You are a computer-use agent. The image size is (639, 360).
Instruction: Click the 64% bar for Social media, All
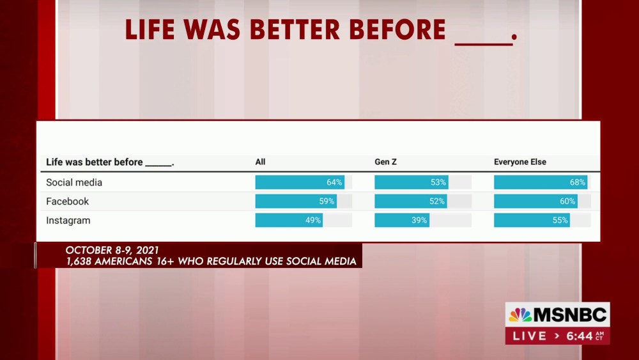tap(300, 182)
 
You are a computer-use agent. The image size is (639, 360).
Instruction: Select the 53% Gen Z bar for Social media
tap(412, 182)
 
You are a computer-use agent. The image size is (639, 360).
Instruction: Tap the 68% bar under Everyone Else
tap(541, 182)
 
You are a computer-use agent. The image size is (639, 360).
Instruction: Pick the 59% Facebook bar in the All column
tap(296, 201)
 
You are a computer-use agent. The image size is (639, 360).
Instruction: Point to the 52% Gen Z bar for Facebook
tap(411, 201)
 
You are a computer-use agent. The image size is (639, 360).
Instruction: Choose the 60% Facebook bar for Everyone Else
tap(536, 201)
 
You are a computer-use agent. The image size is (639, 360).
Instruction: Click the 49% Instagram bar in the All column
tap(289, 220)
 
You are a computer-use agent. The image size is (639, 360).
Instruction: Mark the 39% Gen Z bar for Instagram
tap(402, 220)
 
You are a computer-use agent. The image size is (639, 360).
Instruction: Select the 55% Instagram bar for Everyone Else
tap(532, 220)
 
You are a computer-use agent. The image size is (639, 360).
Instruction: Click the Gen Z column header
tap(385, 162)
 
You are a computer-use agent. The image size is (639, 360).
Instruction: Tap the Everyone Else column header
tap(520, 162)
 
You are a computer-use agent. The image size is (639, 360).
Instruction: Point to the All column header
tap(261, 162)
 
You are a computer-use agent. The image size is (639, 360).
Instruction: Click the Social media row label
tap(74, 182)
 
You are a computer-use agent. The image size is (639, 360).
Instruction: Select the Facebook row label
tap(67, 201)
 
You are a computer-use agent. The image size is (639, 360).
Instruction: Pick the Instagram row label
tap(68, 221)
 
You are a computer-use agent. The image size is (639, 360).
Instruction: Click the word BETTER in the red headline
tap(295, 30)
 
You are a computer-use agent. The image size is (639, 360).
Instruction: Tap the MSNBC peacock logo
tap(520, 315)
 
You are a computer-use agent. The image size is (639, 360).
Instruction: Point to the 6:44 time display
tap(580, 336)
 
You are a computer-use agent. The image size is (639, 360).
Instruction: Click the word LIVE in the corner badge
tap(530, 336)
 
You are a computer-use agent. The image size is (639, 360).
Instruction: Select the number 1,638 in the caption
tap(79, 262)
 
